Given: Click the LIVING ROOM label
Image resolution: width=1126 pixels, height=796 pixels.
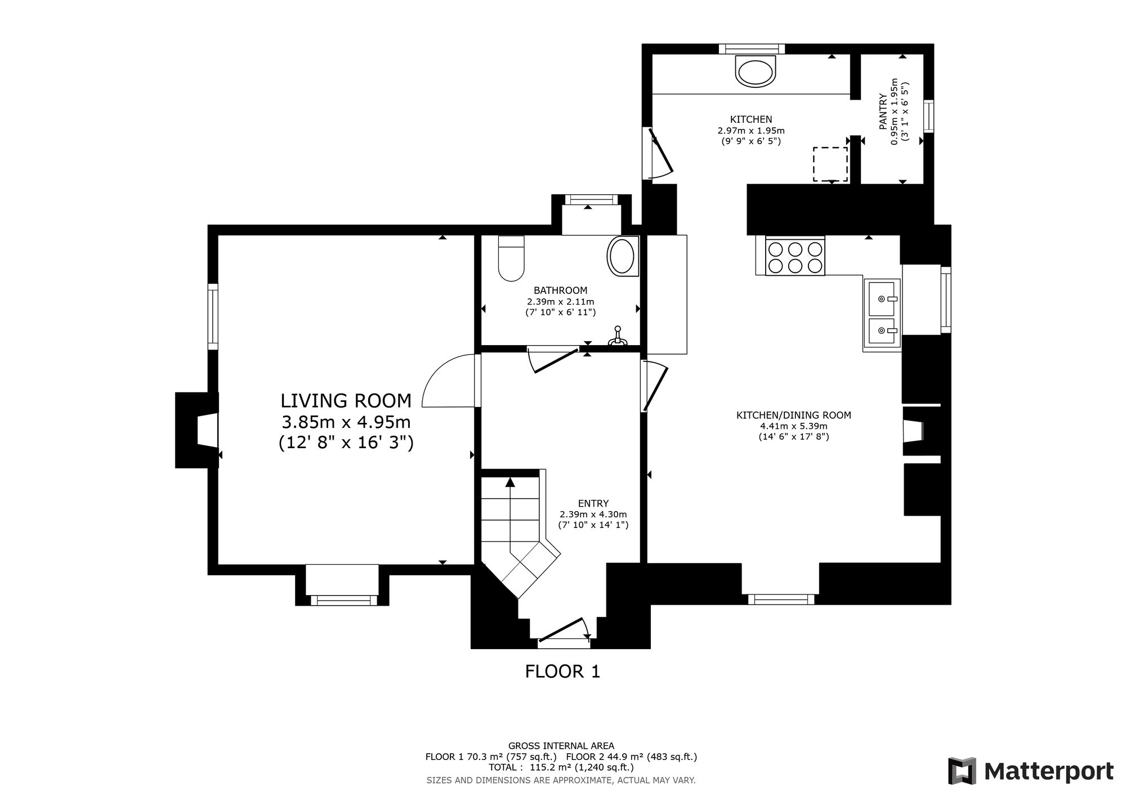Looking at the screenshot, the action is (x=346, y=401).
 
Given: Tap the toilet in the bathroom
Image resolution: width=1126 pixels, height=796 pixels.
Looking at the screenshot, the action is (x=511, y=258).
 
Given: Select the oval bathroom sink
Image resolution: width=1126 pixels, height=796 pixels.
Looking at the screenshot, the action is (x=623, y=256).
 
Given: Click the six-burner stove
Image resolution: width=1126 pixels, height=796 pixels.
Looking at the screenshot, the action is (x=795, y=256).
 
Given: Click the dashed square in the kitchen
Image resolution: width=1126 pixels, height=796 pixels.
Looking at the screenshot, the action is (x=830, y=164).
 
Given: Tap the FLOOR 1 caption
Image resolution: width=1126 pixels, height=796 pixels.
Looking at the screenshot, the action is (x=562, y=671).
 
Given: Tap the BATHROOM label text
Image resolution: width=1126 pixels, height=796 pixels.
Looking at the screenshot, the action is (x=560, y=290).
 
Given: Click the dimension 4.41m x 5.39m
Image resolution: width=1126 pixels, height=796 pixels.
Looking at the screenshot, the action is (x=793, y=426).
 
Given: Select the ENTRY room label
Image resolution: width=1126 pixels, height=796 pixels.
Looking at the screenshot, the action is (x=593, y=503).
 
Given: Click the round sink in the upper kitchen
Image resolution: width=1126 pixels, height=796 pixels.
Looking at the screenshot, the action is (x=756, y=71).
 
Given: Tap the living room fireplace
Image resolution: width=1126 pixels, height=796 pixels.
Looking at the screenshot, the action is (x=197, y=430).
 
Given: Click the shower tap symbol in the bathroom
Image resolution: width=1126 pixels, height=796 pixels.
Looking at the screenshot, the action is (x=617, y=336).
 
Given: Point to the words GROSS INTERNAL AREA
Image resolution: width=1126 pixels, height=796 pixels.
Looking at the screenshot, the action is (x=561, y=746).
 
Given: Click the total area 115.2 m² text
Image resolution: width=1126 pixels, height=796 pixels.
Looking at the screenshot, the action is (x=561, y=767).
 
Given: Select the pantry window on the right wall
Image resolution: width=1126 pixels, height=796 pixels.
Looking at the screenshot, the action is (x=928, y=117).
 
